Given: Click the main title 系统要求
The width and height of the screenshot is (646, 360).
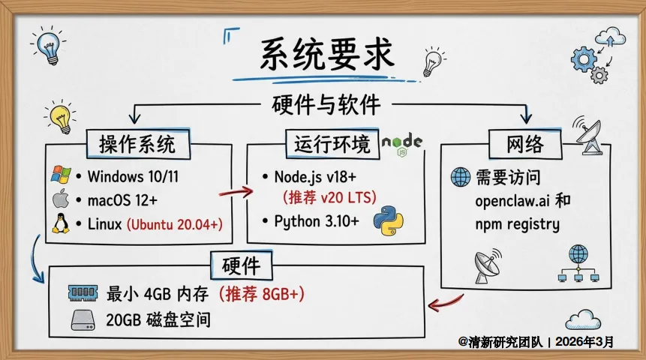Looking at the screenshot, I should pyautogui.click(x=325, y=55).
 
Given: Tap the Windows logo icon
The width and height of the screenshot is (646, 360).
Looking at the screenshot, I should pyautogui.click(x=61, y=176).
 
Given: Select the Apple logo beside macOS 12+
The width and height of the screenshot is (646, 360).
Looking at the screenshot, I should pyautogui.click(x=61, y=199).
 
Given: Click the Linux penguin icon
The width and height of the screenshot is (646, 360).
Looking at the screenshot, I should pyautogui.click(x=61, y=223).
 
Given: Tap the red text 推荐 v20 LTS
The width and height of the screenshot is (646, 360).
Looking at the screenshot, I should pyautogui.click(x=329, y=198).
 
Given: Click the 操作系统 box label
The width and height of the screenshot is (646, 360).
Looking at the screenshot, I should pyautogui.click(x=137, y=143).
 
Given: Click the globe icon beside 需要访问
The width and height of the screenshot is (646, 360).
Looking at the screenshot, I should pyautogui.click(x=459, y=178).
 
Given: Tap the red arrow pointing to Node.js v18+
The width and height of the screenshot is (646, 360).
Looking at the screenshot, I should pyautogui.click(x=235, y=192).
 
